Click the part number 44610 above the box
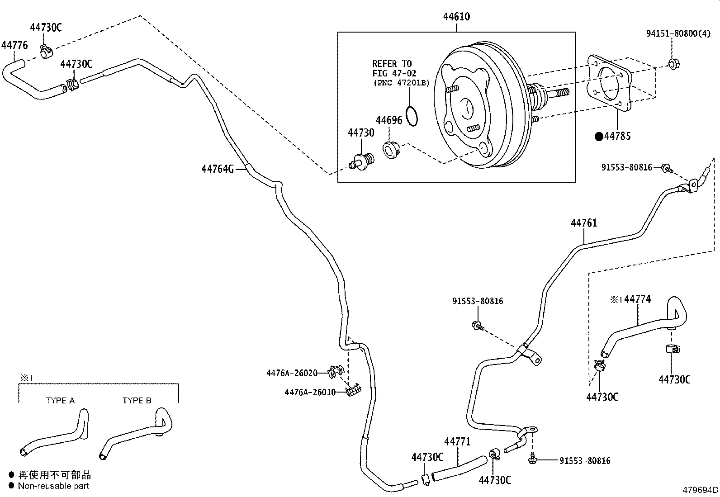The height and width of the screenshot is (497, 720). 456,17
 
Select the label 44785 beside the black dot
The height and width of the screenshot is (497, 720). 617,136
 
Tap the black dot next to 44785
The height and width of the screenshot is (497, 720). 599,136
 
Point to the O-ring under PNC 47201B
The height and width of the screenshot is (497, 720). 412,116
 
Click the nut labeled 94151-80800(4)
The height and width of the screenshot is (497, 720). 674,64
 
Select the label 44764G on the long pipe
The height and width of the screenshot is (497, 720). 218,169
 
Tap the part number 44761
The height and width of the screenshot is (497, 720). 583,223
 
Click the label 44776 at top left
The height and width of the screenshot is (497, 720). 14,45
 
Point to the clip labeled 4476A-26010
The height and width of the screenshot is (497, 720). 353,390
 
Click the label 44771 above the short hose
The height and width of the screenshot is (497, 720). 457,442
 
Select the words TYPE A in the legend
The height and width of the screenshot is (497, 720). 60,401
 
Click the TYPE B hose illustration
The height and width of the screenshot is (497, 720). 136,434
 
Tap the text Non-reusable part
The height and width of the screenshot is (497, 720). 53,486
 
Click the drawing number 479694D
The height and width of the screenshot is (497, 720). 700,490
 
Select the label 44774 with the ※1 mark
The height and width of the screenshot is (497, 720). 637,299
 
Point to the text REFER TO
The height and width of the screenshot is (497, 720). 392,64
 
